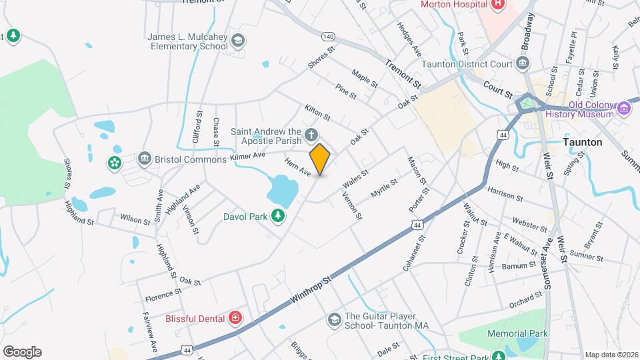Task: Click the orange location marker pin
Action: (x=320, y=159)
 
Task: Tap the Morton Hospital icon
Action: (x=497, y=5)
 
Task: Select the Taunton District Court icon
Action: (x=523, y=65)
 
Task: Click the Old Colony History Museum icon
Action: (x=624, y=108)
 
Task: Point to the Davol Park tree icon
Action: (x=278, y=215)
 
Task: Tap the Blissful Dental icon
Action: (x=235, y=319)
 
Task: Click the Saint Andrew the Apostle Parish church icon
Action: (x=311, y=137)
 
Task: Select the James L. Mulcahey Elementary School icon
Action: (x=238, y=42)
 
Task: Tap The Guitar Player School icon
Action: (x=333, y=321)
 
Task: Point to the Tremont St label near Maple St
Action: (x=403, y=74)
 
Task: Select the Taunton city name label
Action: (x=582, y=142)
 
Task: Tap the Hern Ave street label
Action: (x=298, y=167)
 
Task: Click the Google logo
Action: (x=22, y=351)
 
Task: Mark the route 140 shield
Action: (x=327, y=36)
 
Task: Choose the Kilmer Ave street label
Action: (x=247, y=156)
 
